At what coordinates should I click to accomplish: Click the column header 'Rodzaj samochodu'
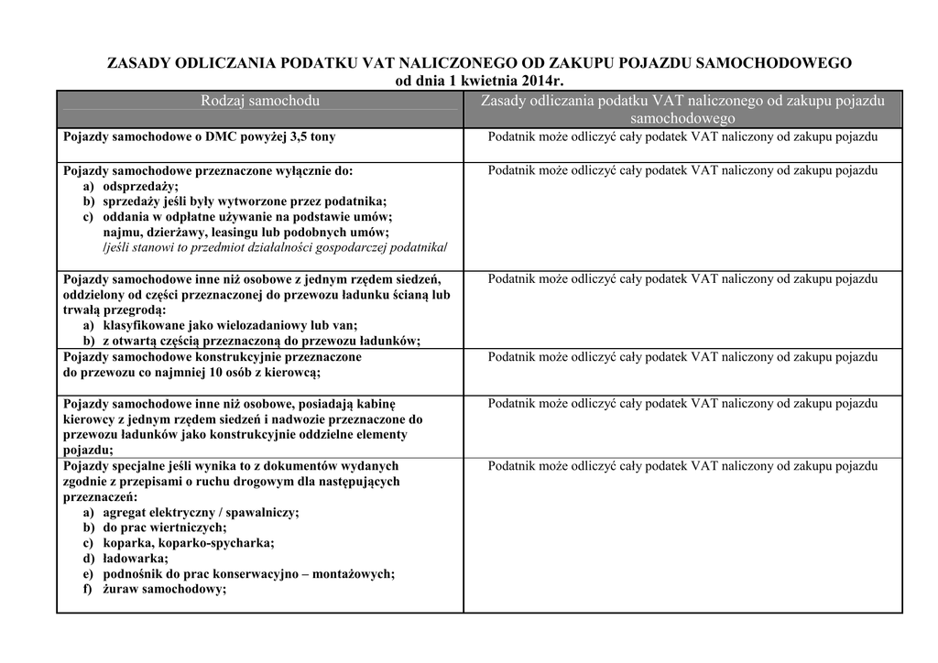(x=260, y=101)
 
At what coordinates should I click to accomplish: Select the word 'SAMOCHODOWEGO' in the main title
(x=775, y=63)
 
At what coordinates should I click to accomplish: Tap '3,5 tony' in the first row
(x=311, y=137)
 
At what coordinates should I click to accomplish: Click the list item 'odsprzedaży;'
(x=140, y=186)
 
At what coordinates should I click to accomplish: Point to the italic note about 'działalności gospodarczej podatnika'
(x=275, y=248)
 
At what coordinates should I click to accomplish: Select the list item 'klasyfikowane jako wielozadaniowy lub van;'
(x=230, y=325)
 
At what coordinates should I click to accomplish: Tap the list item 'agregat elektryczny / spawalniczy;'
(x=201, y=512)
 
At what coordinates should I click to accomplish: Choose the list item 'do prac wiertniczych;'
(x=164, y=527)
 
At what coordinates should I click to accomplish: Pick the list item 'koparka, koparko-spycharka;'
(x=188, y=543)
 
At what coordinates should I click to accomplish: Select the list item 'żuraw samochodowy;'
(x=164, y=590)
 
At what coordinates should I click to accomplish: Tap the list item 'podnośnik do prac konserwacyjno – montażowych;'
(x=248, y=574)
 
